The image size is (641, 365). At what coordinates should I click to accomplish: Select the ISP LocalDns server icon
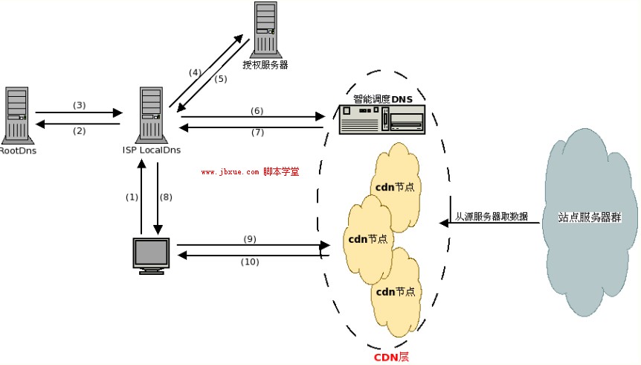point(151,114)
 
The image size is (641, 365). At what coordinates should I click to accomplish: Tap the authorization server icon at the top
point(265,30)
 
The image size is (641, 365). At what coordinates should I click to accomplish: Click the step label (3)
point(80,105)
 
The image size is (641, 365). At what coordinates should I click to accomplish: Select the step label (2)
point(80,130)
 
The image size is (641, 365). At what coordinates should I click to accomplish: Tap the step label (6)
point(257,110)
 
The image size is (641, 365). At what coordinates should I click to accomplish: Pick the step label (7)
point(257,133)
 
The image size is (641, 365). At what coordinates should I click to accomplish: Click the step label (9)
point(250,239)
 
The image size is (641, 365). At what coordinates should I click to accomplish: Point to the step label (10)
point(250,261)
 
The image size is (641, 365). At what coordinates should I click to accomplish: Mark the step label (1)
point(132,197)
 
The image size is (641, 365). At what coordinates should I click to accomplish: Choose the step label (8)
point(166,197)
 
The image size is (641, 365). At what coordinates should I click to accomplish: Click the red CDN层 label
point(391,357)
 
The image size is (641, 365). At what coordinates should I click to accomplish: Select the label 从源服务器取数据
point(492,217)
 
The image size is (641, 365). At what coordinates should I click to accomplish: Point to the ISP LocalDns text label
point(152,150)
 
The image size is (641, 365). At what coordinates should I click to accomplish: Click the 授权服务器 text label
point(265,65)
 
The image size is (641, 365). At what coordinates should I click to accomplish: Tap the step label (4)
point(195,72)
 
